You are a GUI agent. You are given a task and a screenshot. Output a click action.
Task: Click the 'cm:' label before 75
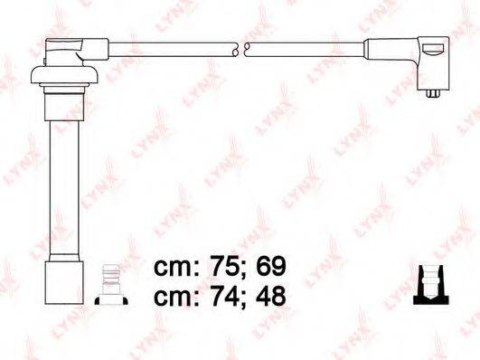pos(176,269)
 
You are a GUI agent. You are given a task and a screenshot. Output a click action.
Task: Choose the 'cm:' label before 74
pos(176,298)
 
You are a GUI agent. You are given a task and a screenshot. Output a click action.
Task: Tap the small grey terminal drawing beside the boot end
pos(109,284)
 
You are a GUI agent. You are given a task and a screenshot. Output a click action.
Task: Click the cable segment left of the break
pos(172,44)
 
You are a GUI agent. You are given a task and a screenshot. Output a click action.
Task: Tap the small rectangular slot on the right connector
pos(435,51)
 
